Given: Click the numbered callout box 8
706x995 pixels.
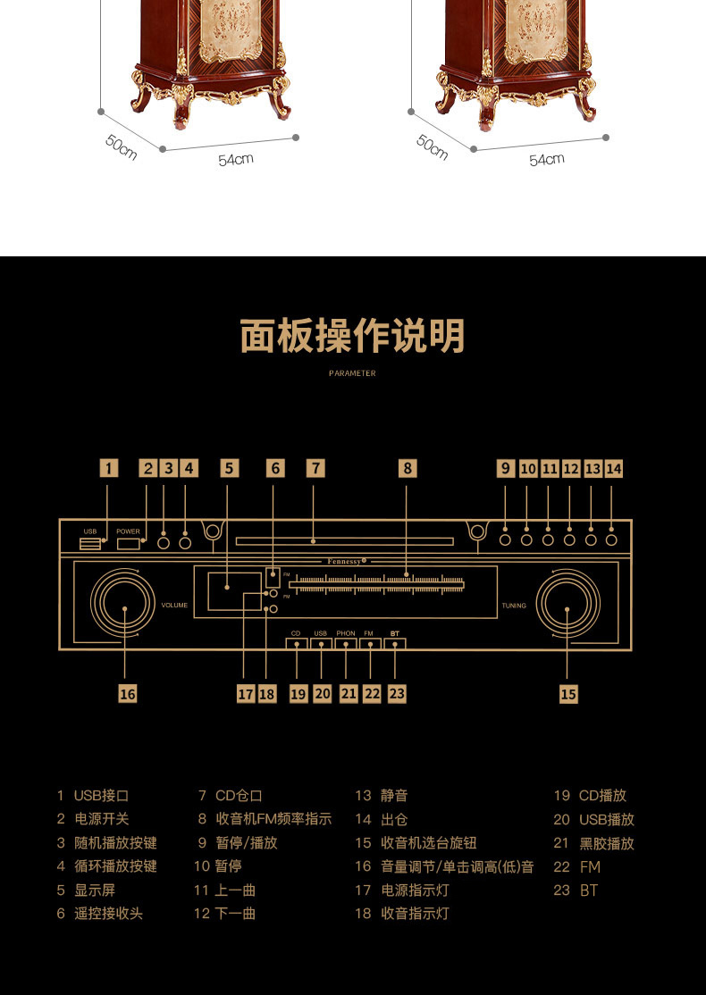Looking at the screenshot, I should click(408, 468).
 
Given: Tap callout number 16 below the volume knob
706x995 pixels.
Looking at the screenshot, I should click(128, 693).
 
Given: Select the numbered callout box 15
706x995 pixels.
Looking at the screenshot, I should click(568, 693).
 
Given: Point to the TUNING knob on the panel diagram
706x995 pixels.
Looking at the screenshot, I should click(567, 608).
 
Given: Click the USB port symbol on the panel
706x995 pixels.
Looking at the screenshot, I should click(89, 544).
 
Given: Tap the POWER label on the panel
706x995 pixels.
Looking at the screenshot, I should click(128, 531).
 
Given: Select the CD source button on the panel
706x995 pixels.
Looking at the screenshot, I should click(296, 644).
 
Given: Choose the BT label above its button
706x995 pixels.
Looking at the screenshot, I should click(395, 633).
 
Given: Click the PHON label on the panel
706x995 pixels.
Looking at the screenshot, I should click(346, 633).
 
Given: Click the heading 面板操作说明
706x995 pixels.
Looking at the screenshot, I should click(352, 337).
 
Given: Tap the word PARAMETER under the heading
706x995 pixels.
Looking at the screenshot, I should click(352, 373).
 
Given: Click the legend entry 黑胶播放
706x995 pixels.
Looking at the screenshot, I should click(607, 843).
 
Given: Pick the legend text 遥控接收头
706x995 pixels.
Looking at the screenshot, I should click(108, 914).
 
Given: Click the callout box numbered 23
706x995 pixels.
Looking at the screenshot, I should click(397, 693).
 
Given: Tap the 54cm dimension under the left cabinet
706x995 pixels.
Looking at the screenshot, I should click(236, 160).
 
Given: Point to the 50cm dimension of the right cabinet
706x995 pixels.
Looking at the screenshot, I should click(432, 146).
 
